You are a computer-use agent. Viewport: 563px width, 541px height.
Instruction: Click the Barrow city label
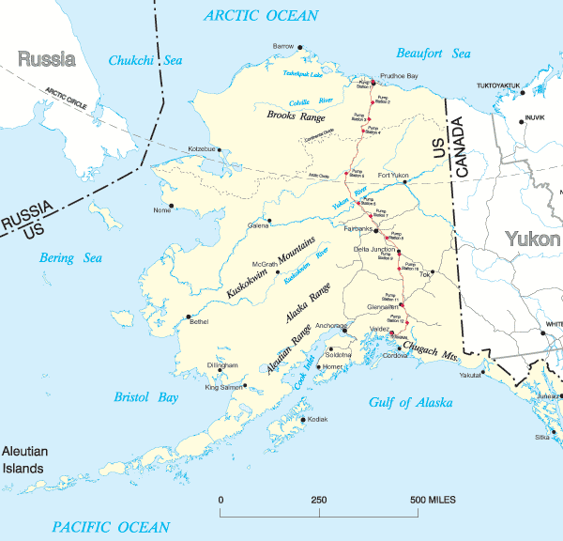(x=282, y=45)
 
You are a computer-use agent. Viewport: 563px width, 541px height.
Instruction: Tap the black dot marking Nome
(x=172, y=206)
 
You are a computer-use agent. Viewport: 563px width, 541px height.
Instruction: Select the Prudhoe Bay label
(x=398, y=74)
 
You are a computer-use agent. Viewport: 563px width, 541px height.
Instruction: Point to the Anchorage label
(x=330, y=325)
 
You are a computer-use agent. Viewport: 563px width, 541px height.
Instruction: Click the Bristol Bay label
(x=146, y=397)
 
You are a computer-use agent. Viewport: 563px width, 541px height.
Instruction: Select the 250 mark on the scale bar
(x=319, y=499)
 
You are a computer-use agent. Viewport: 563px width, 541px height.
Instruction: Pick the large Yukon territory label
(x=532, y=239)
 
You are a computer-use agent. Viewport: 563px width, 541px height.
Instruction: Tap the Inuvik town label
(x=534, y=117)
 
